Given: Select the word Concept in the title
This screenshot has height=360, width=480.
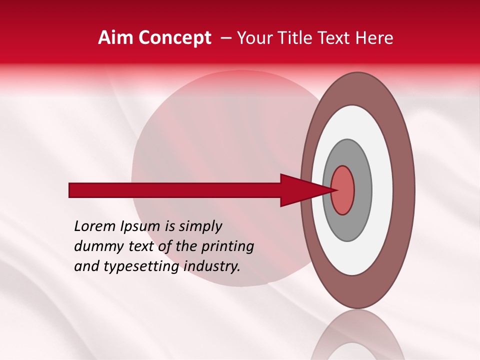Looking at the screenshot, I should click(x=174, y=38).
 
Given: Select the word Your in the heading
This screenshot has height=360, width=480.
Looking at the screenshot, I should click(x=254, y=38).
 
